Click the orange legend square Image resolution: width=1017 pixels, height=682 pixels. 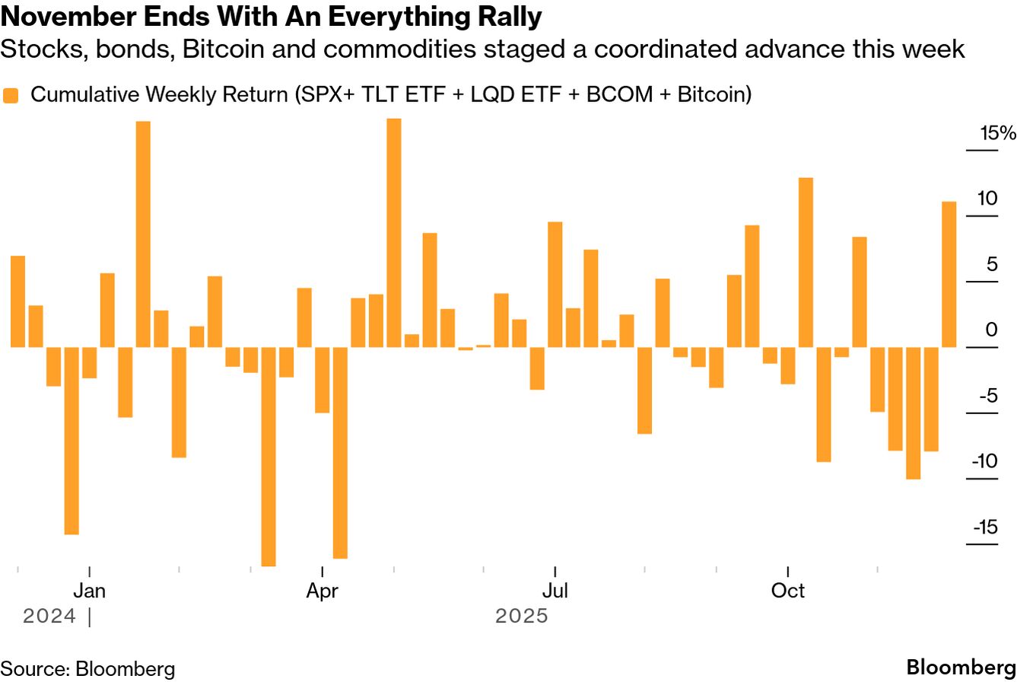[x=11, y=95]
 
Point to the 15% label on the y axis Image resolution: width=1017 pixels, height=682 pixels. [x=997, y=134]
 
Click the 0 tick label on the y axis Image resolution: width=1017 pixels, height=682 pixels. [x=990, y=330]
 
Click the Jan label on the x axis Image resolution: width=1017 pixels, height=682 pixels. [x=90, y=591]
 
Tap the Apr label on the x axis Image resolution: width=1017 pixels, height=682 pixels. [x=323, y=591]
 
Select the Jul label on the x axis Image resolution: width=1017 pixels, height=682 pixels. [x=555, y=591]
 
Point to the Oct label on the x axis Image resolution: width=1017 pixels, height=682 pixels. [x=788, y=591]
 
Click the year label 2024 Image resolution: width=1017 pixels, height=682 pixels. [x=49, y=616]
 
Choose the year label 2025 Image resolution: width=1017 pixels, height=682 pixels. [x=521, y=616]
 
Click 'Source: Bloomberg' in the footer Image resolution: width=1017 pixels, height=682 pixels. [x=87, y=669]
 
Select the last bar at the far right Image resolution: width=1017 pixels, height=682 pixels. [x=949, y=274]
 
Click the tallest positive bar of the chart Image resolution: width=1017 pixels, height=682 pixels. [x=393, y=232]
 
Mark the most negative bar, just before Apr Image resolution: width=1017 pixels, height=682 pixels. [x=268, y=457]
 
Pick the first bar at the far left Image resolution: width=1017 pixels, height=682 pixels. [x=17, y=301]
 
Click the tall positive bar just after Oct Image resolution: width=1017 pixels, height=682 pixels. [x=806, y=262]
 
